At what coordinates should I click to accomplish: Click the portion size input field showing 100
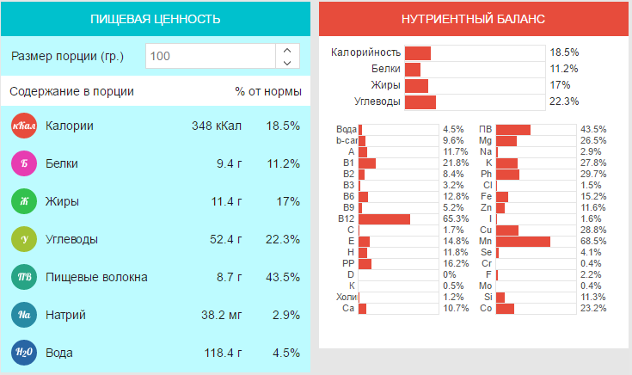tap(211, 57)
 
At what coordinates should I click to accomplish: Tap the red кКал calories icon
tap(23, 126)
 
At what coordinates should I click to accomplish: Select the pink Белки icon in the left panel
tap(23, 163)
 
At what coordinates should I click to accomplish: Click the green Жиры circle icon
tap(23, 202)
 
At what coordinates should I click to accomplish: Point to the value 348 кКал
tap(214, 126)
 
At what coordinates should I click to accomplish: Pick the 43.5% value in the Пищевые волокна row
tap(283, 277)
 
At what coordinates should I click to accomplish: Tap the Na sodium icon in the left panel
tap(23, 315)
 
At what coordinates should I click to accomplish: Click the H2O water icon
tap(23, 353)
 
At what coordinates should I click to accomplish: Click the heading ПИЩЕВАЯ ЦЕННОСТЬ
tap(156, 19)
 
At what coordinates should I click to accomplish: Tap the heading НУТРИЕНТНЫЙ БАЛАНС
tap(474, 19)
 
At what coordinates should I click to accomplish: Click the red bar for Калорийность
tap(418, 53)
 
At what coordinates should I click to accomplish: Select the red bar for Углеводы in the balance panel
tap(420, 102)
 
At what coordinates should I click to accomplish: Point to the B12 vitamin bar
tap(384, 219)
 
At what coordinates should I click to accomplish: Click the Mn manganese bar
tap(523, 242)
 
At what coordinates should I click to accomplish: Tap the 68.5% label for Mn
tap(593, 242)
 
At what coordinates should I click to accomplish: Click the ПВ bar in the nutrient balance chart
tap(513, 130)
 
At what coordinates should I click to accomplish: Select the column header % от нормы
tap(267, 91)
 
